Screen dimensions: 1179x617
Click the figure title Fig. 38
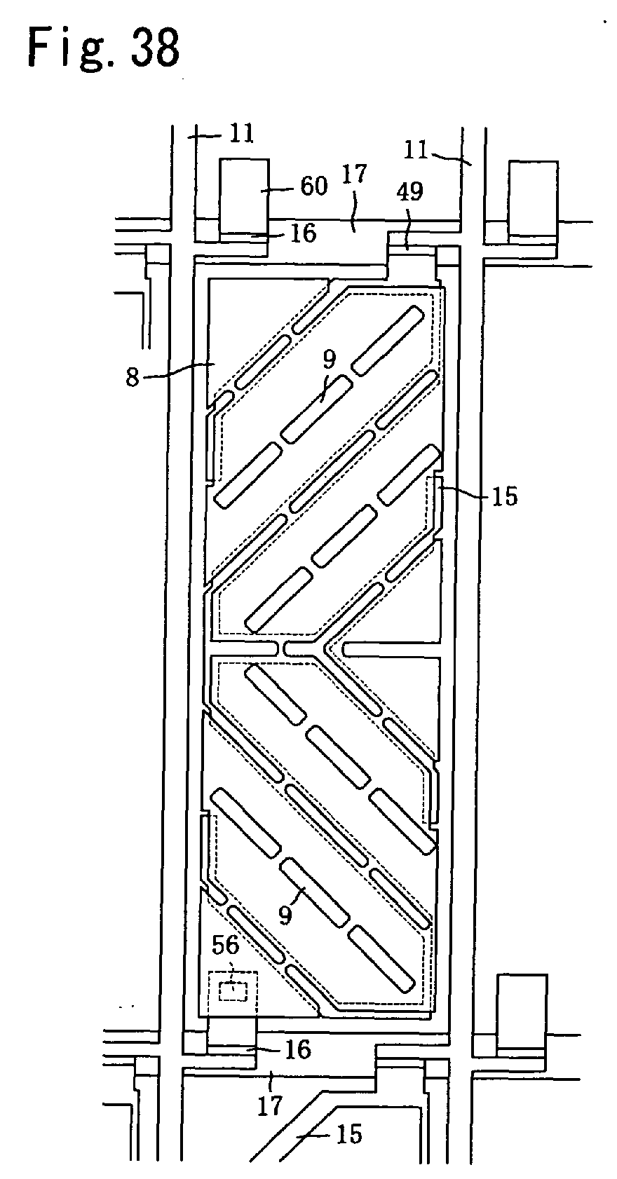(104, 48)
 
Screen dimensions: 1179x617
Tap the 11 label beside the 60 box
(242, 132)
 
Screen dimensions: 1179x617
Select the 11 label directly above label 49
(417, 149)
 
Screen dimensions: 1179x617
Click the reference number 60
(313, 186)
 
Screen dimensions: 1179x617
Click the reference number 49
(410, 192)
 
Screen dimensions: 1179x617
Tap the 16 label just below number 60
(304, 233)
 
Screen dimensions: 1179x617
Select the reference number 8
(133, 378)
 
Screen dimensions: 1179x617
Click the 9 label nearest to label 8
(330, 360)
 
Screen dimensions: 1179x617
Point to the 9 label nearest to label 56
(284, 915)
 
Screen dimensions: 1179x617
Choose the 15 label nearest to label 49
(504, 496)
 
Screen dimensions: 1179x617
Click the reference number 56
(226, 945)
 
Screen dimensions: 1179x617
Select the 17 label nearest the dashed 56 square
(269, 1106)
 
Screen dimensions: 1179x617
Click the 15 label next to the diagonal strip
(348, 1133)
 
